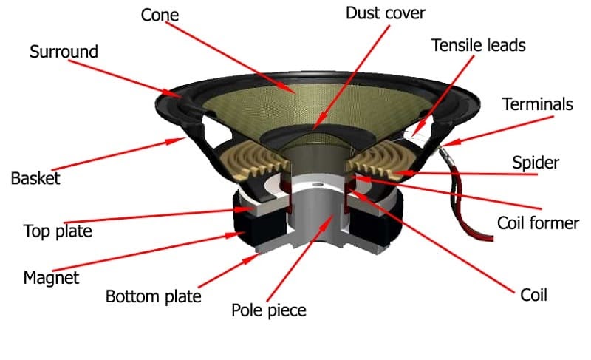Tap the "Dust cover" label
385,13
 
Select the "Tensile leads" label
478,45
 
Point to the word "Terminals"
537,104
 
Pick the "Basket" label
35,178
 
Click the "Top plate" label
58,231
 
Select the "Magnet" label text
51,278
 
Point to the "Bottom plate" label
153,297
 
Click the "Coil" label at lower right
533,295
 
